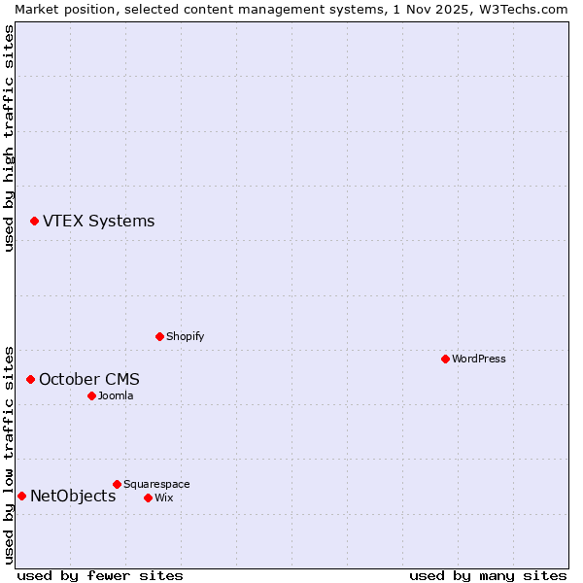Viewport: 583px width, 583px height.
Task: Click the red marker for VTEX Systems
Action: (x=34, y=222)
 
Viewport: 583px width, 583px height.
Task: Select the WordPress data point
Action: (x=445, y=359)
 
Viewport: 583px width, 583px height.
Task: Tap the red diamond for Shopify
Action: (x=159, y=336)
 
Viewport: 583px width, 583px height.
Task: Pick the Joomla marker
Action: (x=91, y=395)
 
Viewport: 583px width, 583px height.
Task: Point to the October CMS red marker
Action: (x=30, y=379)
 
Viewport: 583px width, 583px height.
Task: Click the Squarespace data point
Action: (x=117, y=484)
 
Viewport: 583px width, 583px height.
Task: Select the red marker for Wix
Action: (x=148, y=497)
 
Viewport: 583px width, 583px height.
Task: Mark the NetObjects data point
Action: (x=21, y=497)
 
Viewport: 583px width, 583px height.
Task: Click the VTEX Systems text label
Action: (x=98, y=222)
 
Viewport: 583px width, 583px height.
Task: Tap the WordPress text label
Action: (x=479, y=359)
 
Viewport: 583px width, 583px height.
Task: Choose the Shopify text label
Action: (x=185, y=336)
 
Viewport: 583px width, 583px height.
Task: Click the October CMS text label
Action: (x=89, y=379)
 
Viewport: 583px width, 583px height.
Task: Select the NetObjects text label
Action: (x=73, y=497)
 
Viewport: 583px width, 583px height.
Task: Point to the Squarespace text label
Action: (x=156, y=484)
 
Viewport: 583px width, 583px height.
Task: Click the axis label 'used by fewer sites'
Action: (x=100, y=575)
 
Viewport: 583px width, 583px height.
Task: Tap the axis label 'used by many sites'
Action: (x=488, y=575)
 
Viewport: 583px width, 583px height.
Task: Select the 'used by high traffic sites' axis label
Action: (x=9, y=137)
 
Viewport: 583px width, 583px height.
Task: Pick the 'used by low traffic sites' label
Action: (x=9, y=454)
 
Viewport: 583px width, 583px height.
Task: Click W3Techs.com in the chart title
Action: (x=521, y=8)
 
